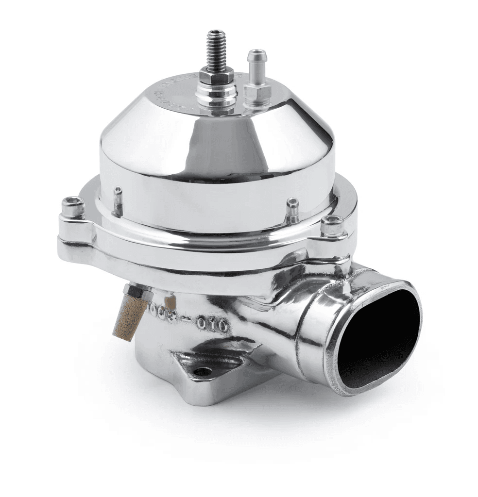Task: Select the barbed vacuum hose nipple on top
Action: pos(255,66)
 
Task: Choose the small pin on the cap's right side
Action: pos(292,208)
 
